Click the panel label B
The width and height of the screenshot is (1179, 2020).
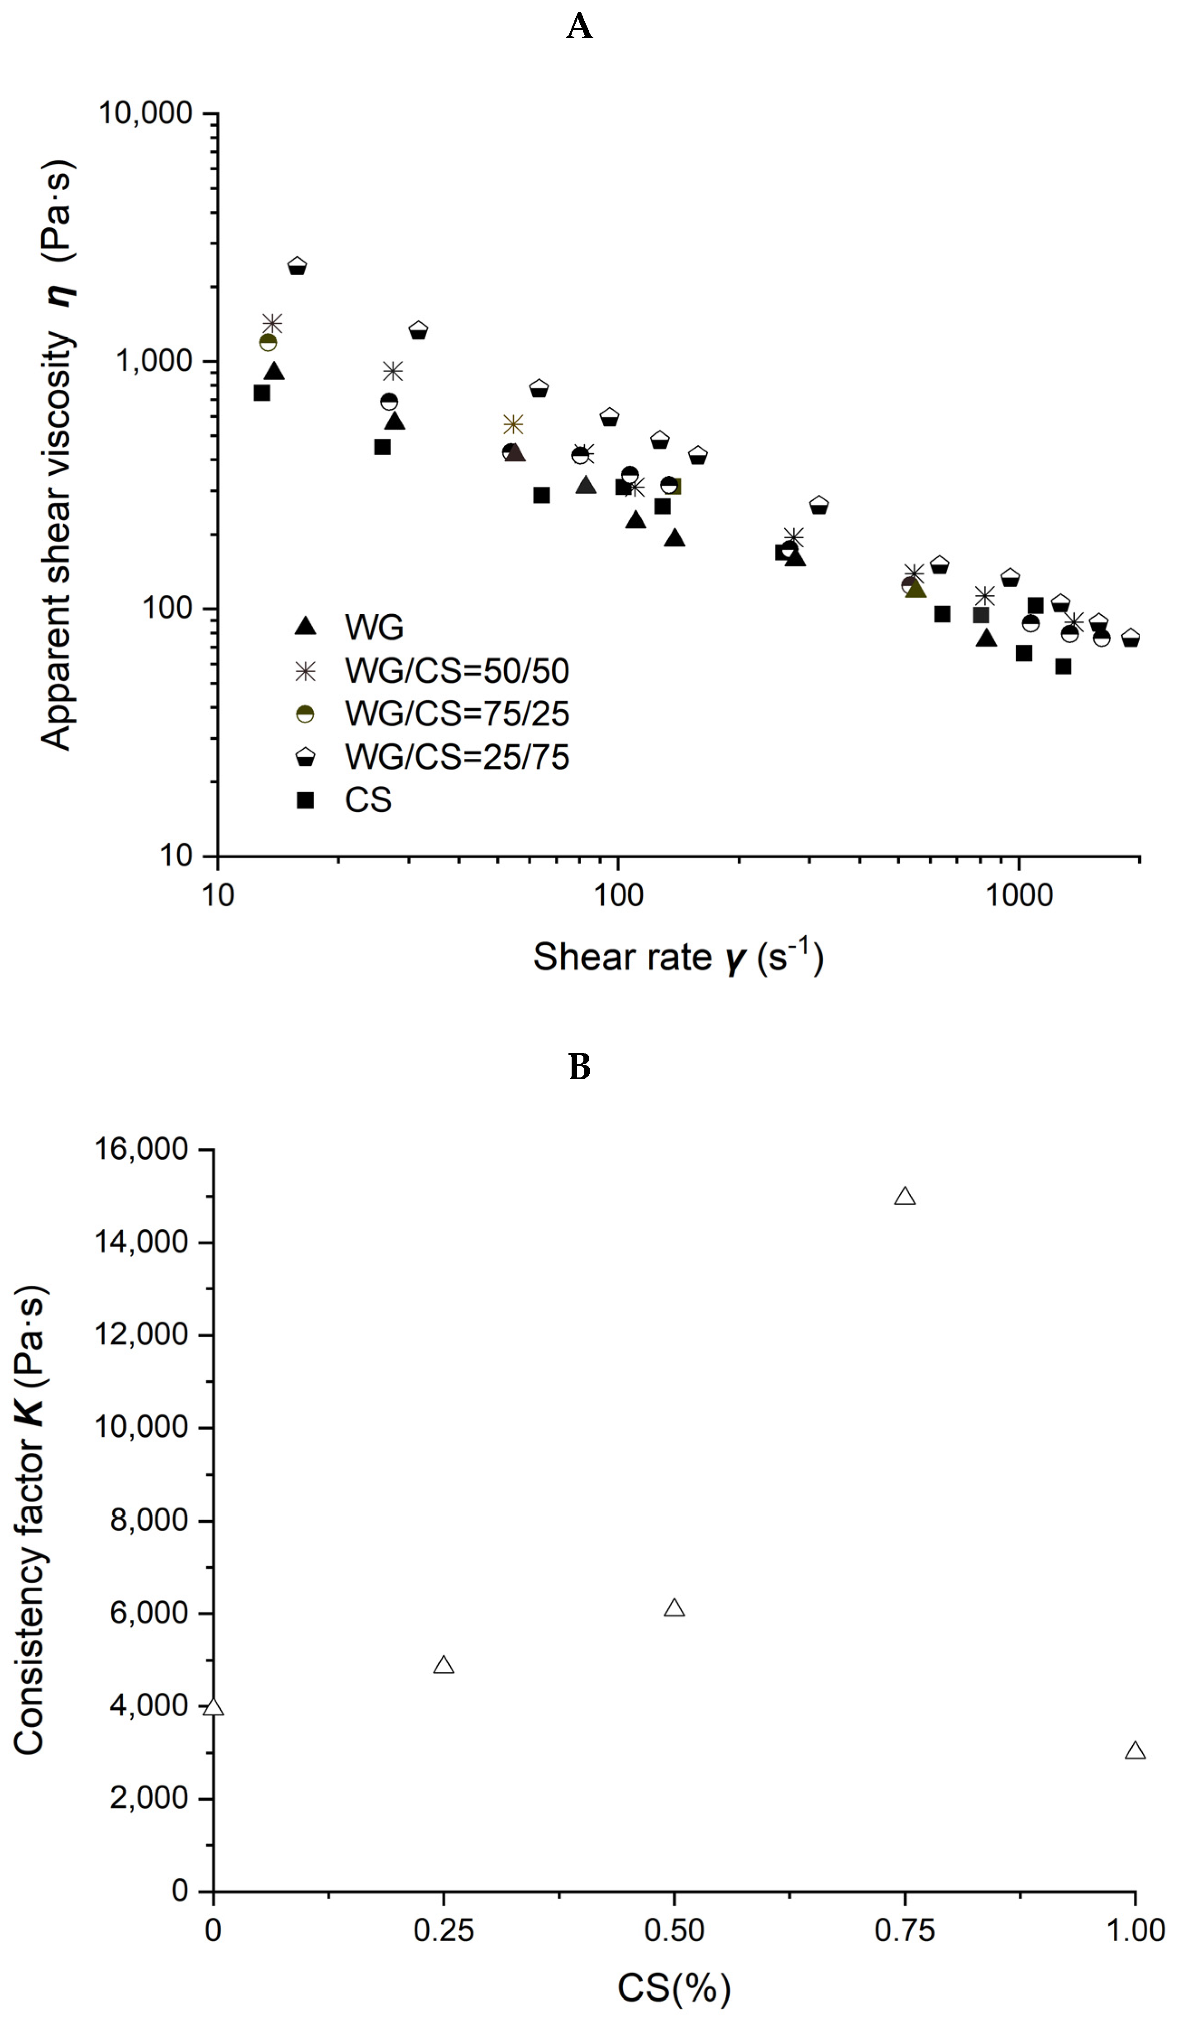pyautogui.click(x=579, y=1067)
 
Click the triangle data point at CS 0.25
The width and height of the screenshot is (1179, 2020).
pyautogui.click(x=443, y=1666)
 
